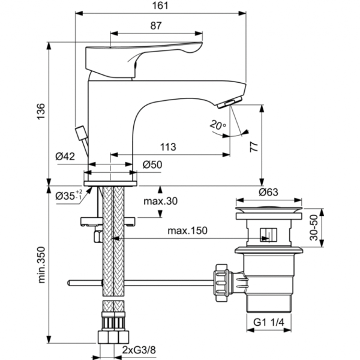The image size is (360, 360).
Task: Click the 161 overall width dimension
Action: (x=160, y=5)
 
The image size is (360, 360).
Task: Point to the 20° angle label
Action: (x=218, y=125)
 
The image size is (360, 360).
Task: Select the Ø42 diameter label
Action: (x=65, y=156)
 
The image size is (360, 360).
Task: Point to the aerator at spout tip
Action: (x=231, y=104)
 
